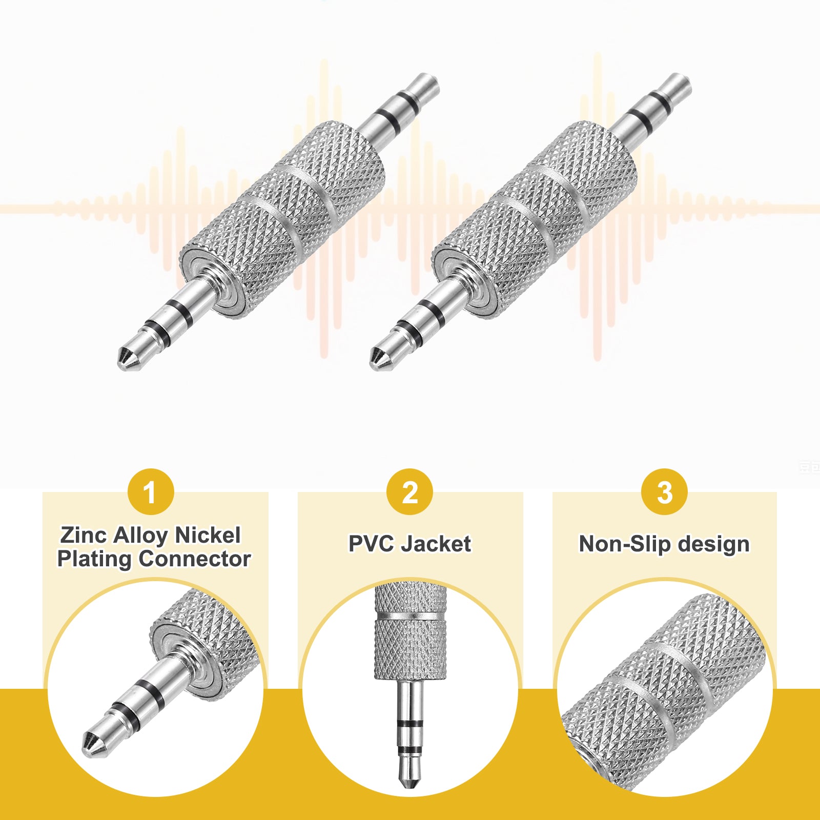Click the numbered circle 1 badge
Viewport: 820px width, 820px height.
pos(151,492)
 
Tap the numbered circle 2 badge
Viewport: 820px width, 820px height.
pos(409,492)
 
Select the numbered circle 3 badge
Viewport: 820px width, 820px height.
pos(665,492)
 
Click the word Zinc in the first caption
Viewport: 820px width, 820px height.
pos(84,535)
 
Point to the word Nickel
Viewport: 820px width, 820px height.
pos(208,535)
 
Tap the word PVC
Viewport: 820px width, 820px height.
pos(371,544)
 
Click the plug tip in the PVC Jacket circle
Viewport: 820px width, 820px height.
pos(411,776)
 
